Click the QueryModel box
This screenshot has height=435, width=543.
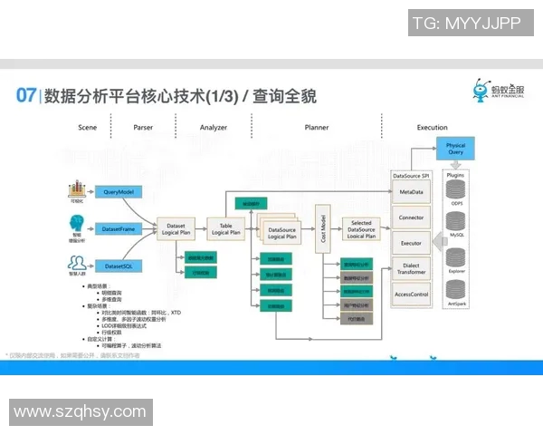click(x=119, y=192)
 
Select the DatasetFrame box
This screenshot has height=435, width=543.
click(x=119, y=229)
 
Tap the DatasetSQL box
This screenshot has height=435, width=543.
click(x=119, y=266)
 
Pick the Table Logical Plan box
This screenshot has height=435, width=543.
click(x=225, y=229)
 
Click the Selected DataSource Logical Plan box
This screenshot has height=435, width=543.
click(x=361, y=229)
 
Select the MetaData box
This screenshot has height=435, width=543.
click(x=412, y=192)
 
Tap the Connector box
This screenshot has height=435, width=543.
click(x=412, y=217)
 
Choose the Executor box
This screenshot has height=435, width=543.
click(x=412, y=243)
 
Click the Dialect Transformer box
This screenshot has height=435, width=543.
click(x=412, y=269)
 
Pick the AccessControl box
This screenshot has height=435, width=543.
click(x=412, y=295)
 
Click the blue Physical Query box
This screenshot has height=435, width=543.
click(x=455, y=150)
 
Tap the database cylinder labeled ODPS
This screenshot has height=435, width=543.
click(x=456, y=193)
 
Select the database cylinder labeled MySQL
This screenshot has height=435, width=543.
click(x=456, y=227)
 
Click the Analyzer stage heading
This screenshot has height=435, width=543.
click(x=213, y=128)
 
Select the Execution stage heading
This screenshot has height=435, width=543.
click(x=432, y=128)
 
